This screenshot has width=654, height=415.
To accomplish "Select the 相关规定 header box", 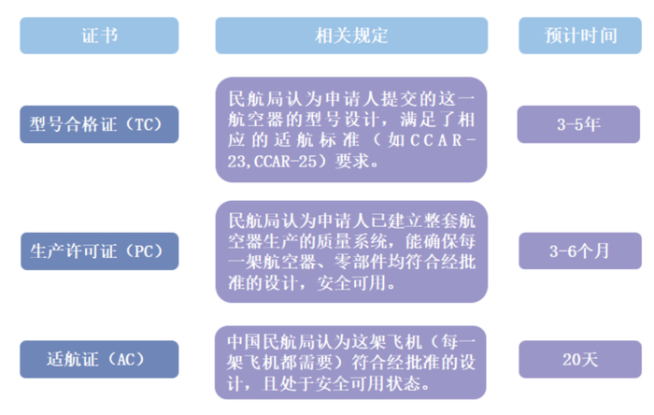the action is [351, 36].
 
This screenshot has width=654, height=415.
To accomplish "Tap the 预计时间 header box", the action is [580, 36].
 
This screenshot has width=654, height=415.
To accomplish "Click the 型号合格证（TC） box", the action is [99, 124].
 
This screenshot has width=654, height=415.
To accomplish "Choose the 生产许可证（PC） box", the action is [99, 250].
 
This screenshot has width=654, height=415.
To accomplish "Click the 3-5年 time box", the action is [580, 124].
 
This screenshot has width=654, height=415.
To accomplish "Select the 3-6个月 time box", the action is [580, 250].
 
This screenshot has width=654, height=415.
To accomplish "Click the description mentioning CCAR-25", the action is [351, 129].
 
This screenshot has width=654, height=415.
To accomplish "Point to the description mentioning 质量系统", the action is [351, 250].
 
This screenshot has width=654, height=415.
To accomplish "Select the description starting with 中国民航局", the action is [351, 360].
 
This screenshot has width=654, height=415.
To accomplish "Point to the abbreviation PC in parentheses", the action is [149, 250].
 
